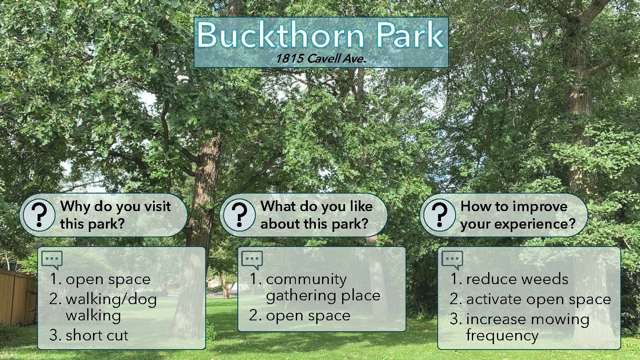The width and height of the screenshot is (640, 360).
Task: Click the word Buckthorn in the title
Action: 280,35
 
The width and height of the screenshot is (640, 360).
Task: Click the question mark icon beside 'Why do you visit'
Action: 39,215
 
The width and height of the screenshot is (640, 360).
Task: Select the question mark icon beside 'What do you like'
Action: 239,215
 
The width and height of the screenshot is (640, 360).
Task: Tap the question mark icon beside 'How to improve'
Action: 440,215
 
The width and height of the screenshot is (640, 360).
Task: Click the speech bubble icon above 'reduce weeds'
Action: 452,260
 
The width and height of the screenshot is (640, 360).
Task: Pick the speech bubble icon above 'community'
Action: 252,260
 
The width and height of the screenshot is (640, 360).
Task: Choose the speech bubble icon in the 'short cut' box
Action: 52,260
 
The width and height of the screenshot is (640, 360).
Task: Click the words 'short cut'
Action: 97,335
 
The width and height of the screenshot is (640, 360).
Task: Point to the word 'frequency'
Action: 502,336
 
